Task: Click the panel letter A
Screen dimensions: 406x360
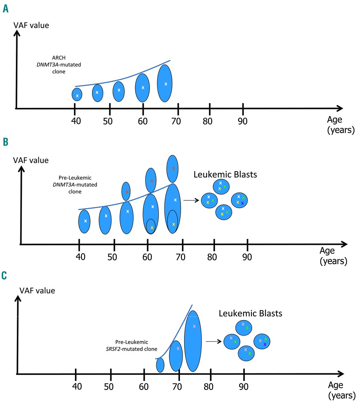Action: [5, 9]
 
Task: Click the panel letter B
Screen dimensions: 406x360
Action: [5, 142]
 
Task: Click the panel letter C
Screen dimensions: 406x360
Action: [4, 275]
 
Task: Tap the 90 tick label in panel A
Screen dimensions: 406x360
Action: [243, 121]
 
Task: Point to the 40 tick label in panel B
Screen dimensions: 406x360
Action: [81, 257]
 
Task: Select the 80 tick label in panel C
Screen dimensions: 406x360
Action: [209, 387]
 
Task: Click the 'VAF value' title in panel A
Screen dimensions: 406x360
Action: [31, 25]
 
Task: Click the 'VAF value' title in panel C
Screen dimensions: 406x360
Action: [37, 291]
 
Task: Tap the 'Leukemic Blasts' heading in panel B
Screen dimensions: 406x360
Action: [225, 174]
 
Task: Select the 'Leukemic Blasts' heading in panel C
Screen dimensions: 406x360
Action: [250, 313]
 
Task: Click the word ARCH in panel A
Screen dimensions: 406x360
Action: [59, 58]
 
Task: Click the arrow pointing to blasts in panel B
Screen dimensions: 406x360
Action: [191, 200]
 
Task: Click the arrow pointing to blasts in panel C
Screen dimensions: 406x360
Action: [214, 342]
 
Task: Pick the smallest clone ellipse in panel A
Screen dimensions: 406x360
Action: [77, 95]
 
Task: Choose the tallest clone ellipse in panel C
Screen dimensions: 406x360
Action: [193, 341]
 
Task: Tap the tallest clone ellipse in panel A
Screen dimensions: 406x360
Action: [165, 83]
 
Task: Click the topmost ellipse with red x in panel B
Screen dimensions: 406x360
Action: [172, 169]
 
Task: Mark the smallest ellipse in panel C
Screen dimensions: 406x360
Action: [160, 365]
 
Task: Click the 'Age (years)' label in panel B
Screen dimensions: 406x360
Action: [333, 256]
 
